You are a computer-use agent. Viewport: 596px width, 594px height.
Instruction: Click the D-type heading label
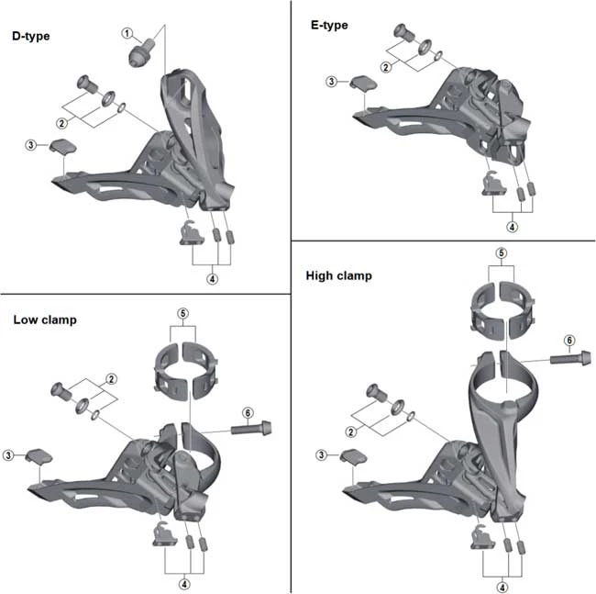[x=31, y=37]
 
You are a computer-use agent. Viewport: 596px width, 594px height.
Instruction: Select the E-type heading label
[x=329, y=26]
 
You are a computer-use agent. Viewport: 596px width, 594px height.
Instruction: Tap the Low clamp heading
[x=45, y=319]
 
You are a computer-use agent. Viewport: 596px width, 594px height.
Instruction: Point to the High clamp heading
[x=338, y=275]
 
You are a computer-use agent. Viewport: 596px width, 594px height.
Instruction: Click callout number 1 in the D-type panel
[x=127, y=33]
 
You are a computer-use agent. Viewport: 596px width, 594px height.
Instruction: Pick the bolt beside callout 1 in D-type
[x=142, y=52]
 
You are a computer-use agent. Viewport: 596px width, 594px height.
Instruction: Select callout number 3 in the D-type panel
[x=31, y=145]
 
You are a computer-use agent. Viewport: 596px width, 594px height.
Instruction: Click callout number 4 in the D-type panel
[x=212, y=279]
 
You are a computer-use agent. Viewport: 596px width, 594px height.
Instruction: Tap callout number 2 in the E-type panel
[x=386, y=67]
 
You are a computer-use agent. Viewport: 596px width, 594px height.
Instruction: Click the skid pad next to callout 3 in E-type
[x=363, y=84]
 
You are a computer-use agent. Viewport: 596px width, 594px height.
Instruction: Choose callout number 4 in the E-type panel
[x=512, y=227]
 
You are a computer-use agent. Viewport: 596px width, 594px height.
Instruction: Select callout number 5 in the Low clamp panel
[x=182, y=314]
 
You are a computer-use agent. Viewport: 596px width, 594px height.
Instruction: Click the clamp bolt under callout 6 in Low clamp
[x=251, y=429]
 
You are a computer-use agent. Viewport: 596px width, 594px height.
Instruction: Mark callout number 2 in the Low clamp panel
[x=111, y=379]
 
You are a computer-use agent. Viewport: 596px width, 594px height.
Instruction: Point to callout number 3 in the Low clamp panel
[x=8, y=455]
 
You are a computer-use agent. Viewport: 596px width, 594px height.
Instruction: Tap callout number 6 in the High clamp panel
[x=569, y=341]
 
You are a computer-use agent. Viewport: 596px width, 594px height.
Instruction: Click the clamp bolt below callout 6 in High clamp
[x=570, y=358]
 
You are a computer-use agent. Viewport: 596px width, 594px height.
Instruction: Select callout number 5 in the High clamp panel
[x=502, y=253]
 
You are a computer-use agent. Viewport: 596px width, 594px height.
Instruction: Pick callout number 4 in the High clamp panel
[x=502, y=588]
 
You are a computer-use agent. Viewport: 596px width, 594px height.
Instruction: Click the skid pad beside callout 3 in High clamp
[x=353, y=457]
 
